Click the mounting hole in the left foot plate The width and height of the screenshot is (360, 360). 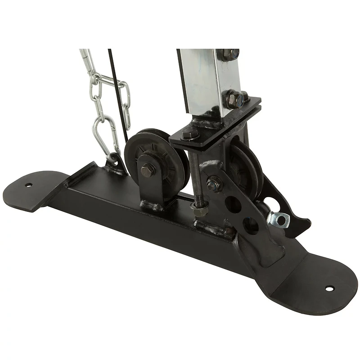28,185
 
